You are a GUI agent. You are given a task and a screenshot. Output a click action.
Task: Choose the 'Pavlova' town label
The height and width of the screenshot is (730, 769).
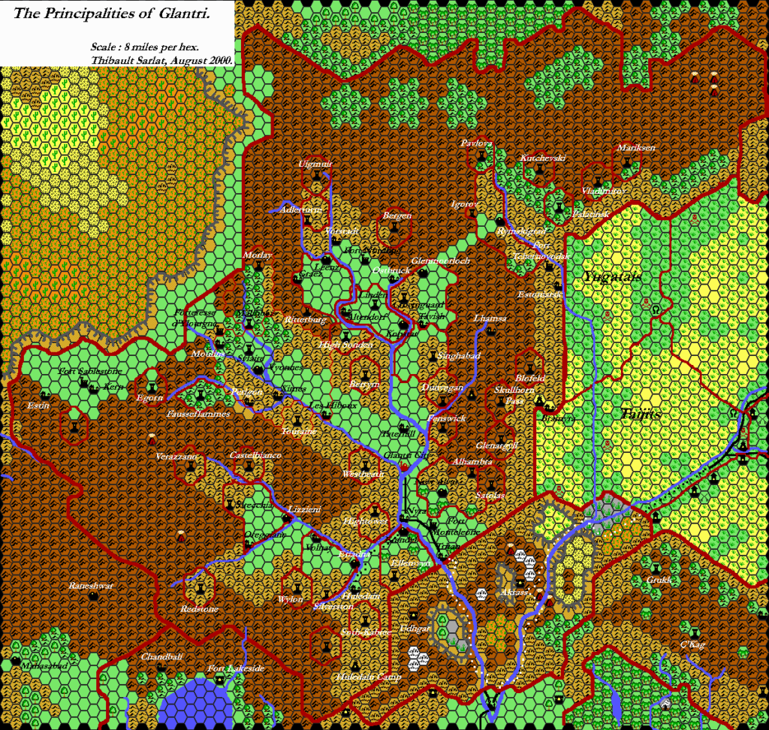click(x=477, y=143)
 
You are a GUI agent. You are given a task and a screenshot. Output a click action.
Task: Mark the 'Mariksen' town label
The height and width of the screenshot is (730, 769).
click(x=636, y=148)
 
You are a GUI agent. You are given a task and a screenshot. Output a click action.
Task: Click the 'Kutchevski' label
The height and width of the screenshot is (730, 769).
click(x=542, y=158)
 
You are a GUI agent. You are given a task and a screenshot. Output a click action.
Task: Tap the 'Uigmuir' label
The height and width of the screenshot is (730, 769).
click(x=315, y=164)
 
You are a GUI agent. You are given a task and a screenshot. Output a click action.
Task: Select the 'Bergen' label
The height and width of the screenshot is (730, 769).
click(x=397, y=216)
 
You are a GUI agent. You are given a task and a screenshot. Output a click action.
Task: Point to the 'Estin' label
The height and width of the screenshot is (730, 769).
click(x=38, y=406)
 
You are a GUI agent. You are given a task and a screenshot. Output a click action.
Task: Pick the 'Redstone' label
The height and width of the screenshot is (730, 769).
click(x=199, y=608)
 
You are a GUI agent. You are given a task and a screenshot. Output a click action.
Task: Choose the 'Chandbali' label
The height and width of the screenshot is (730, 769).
click(x=161, y=656)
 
